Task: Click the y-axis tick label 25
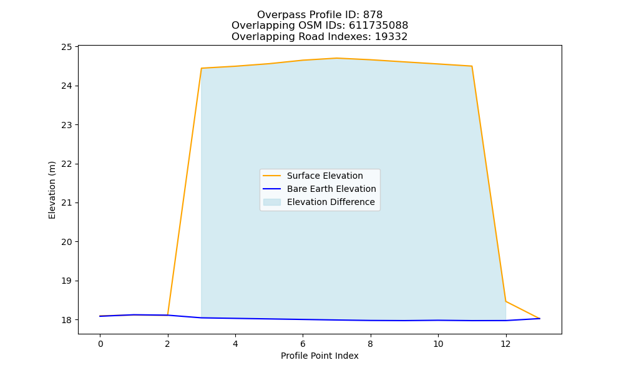(67, 47)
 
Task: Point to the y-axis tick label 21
(67, 203)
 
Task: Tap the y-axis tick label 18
(67, 320)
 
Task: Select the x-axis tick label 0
(100, 344)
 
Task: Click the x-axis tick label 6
(303, 344)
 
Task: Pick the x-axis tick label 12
(506, 344)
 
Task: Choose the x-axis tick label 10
(438, 344)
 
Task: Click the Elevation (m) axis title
(52, 190)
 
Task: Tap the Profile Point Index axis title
(319, 356)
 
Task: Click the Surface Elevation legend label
(324, 176)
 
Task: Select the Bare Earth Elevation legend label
(331, 189)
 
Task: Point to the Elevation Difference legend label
(331, 202)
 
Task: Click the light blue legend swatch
(272, 202)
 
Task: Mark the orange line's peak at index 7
(337, 58)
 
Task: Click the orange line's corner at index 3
(202, 68)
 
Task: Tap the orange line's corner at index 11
(472, 66)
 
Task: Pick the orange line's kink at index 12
(506, 301)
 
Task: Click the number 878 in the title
(373, 15)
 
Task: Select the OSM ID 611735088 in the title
(379, 26)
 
